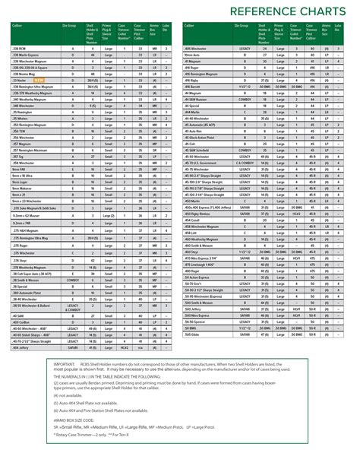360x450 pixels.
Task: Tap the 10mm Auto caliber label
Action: pos(192,55)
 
